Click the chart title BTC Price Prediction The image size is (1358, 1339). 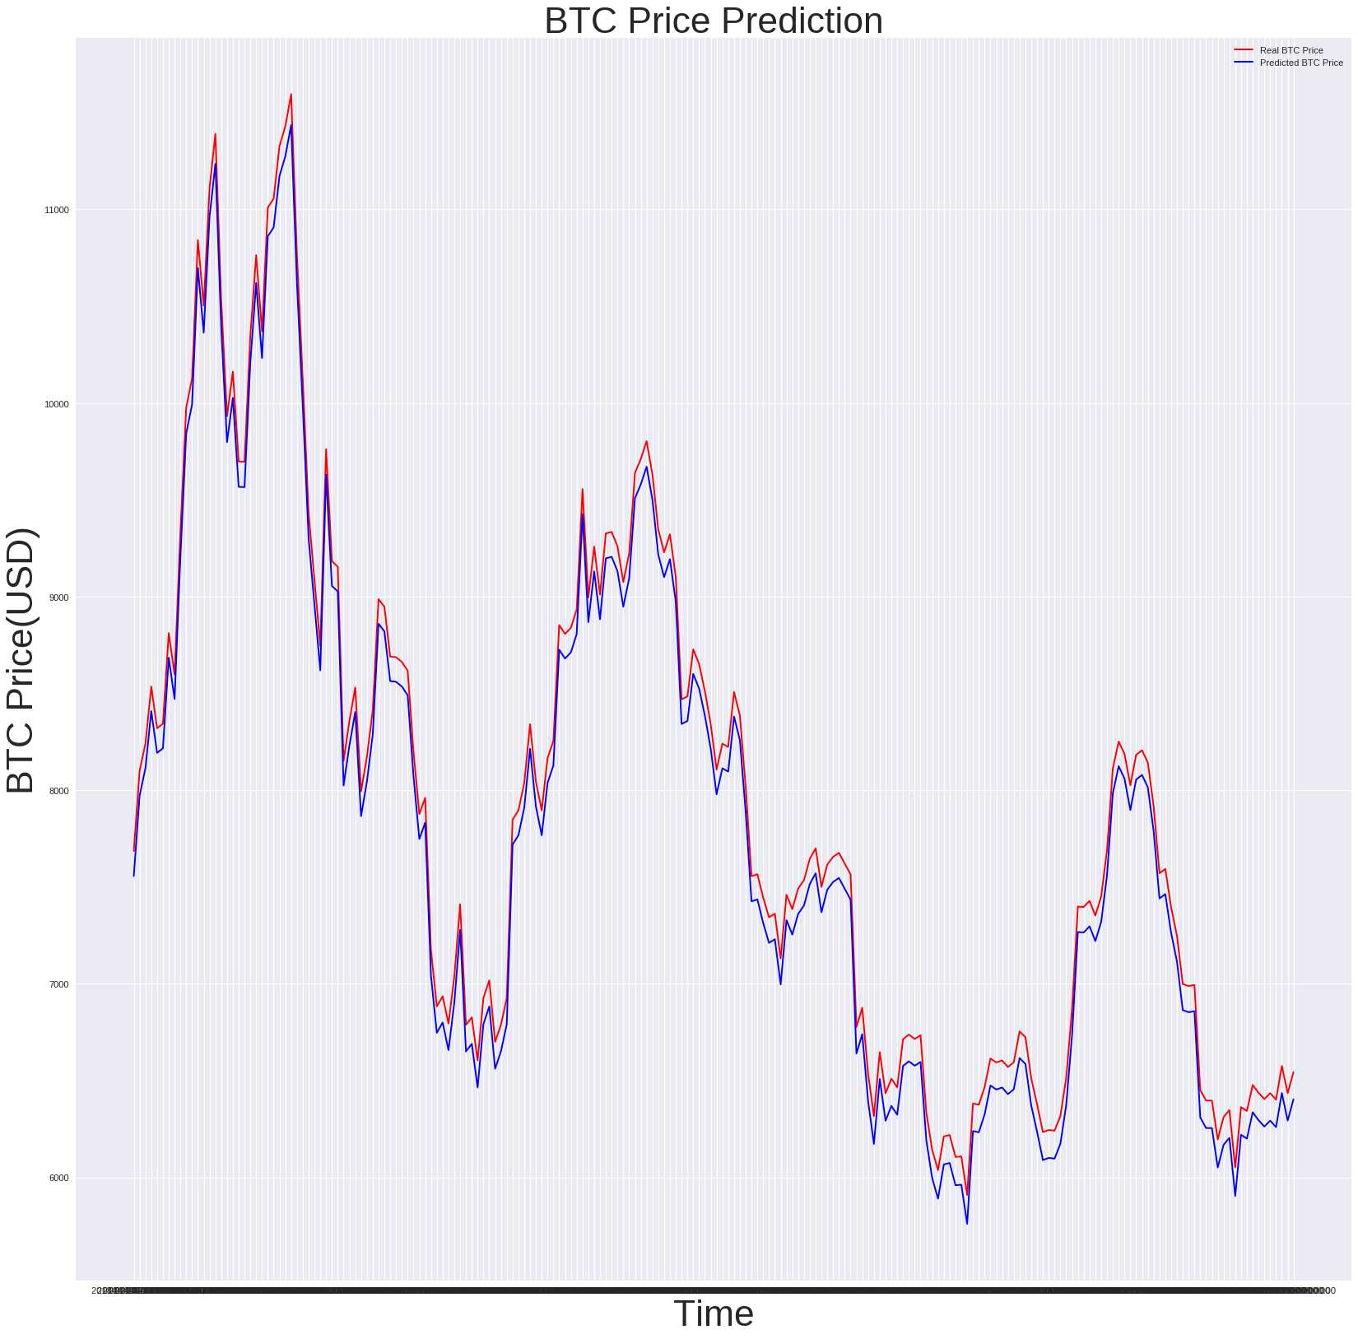[713, 21]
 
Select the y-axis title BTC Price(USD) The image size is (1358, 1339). [21, 660]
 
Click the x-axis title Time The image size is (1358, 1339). [713, 1313]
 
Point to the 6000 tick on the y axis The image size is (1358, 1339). [58, 1178]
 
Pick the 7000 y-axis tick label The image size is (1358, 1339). [58, 984]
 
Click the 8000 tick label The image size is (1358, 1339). [58, 791]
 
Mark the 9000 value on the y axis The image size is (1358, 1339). [58, 597]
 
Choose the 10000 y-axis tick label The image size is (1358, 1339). [56, 404]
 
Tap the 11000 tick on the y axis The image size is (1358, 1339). [56, 210]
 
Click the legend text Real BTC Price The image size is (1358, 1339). [1291, 50]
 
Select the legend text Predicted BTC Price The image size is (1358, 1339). [1301, 63]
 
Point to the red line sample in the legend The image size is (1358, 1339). [1243, 50]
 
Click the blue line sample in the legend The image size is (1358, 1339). [1243, 63]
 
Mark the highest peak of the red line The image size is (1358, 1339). [291, 94]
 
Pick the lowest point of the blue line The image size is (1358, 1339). [967, 1224]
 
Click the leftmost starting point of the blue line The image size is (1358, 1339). [133, 876]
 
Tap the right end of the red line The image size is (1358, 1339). [1294, 1072]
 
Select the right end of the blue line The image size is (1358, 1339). [1294, 1099]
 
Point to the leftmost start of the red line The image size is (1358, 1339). [133, 851]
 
